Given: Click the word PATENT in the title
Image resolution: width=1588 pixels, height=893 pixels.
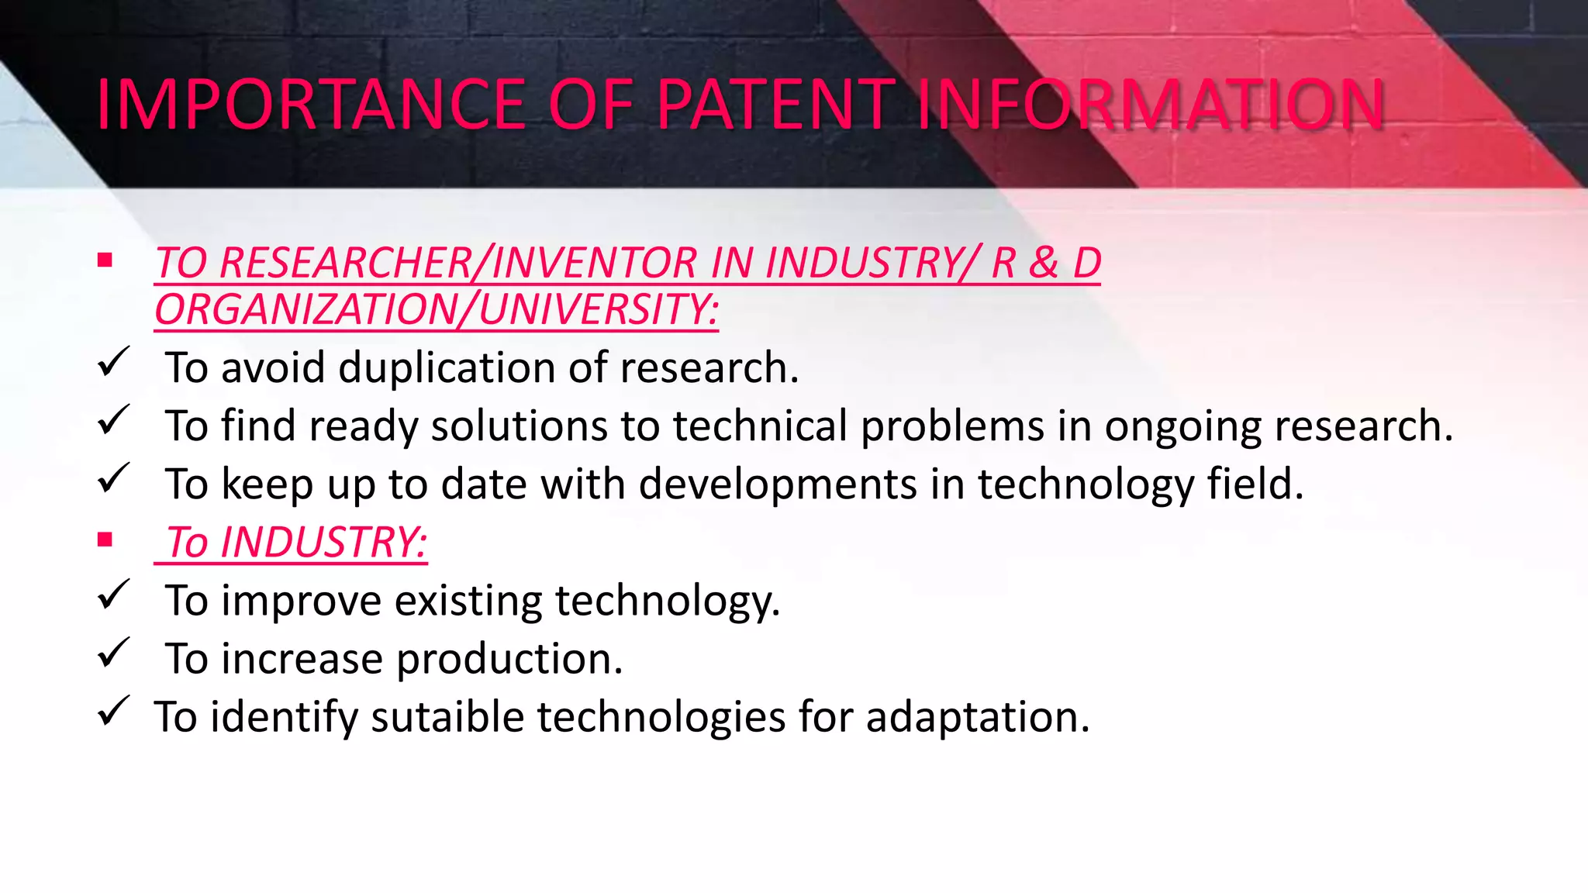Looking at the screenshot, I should tap(776, 105).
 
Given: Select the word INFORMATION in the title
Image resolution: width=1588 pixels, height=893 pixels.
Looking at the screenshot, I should tap(1151, 105).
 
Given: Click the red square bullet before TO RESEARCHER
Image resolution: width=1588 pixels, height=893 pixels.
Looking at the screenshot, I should tap(105, 260).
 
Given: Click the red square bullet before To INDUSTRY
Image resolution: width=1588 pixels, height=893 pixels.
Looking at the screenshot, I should tap(105, 540).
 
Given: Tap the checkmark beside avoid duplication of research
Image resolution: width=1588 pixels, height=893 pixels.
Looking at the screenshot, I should tap(113, 362).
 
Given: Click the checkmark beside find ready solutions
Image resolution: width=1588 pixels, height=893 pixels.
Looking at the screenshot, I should tap(113, 420).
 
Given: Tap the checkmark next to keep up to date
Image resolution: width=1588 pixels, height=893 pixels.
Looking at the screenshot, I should tap(113, 478).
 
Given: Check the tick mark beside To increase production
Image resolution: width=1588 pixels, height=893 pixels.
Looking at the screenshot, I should tap(113, 653).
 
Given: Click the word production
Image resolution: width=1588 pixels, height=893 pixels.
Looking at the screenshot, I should tap(509, 659).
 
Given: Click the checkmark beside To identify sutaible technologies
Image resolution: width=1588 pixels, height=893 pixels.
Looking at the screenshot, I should tap(113, 711).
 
